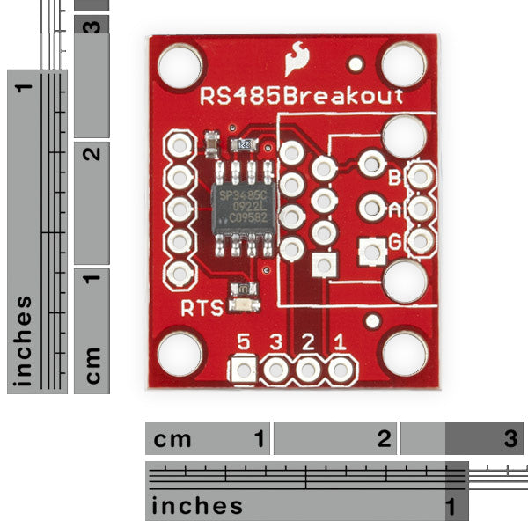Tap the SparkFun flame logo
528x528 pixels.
[297, 62]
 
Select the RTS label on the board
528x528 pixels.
[202, 308]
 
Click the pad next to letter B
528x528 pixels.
[421, 177]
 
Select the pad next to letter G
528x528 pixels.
[421, 239]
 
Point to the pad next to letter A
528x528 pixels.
[421, 209]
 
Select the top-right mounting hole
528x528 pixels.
[403, 64]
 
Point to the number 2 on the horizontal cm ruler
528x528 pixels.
[384, 438]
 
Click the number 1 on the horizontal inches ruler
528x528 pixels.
[451, 506]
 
